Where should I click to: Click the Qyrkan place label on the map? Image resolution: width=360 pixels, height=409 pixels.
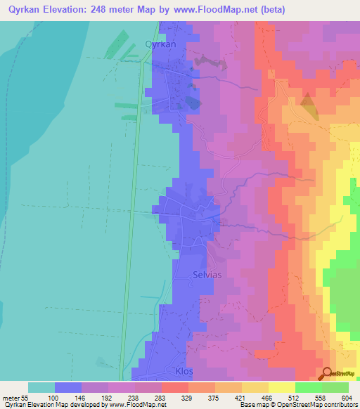point(159,43)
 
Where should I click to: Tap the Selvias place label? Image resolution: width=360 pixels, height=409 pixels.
point(207,275)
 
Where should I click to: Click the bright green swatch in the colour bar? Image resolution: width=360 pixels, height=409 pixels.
point(309,387)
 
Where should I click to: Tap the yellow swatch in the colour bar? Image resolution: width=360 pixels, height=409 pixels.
point(282,387)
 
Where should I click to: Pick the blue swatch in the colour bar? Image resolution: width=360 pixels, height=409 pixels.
point(68,387)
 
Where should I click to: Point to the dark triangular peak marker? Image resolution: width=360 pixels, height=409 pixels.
point(308,103)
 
